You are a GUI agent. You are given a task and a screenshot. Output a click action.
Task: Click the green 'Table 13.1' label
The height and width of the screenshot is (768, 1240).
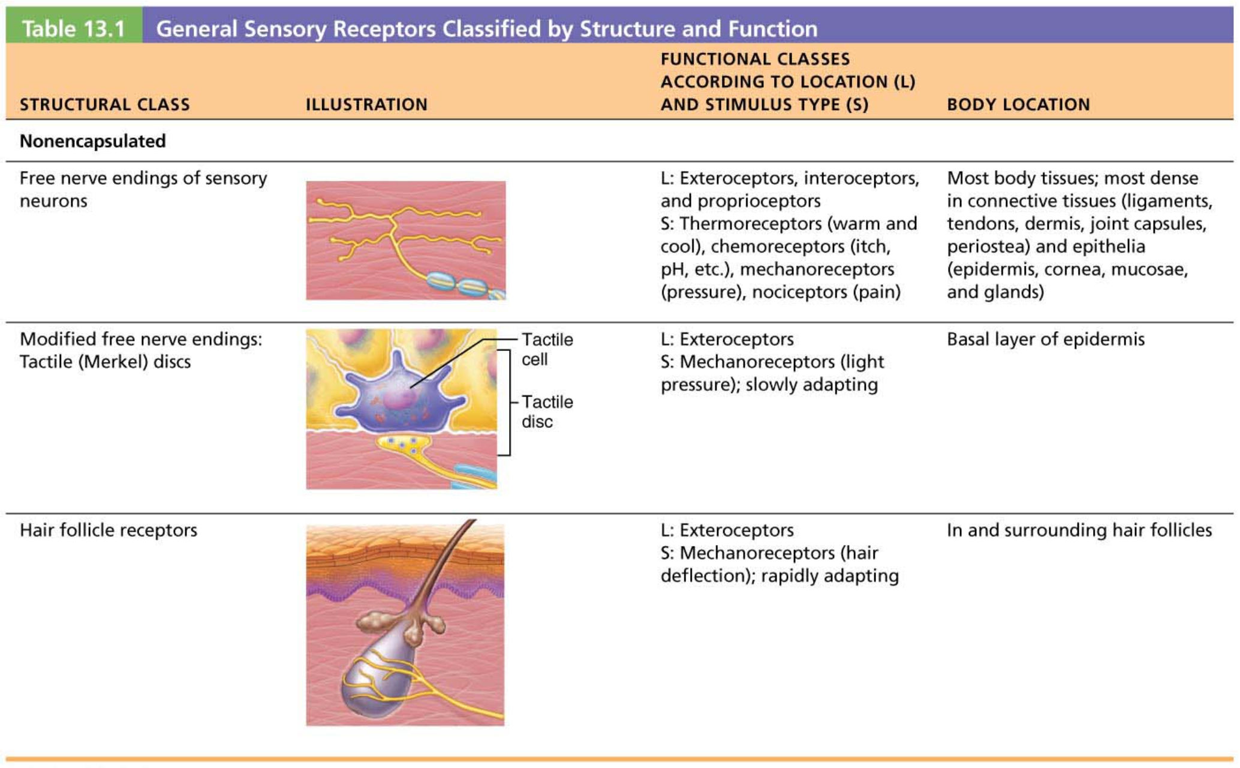pos(74,28)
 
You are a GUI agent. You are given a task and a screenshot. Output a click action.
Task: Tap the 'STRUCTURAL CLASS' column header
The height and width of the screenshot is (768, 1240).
pos(105,104)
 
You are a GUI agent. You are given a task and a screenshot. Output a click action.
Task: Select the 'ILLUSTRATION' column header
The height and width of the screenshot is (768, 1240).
pos(366,104)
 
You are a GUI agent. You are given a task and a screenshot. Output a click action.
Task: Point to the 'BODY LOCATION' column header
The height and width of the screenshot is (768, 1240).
pos(1018,104)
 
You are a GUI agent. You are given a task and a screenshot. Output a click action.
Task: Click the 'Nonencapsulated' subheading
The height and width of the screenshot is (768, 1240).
pos(92,141)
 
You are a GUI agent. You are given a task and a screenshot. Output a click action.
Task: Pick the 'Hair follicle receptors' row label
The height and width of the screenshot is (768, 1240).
pos(109,530)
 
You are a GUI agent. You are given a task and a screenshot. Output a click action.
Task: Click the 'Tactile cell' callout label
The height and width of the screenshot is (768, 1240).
pos(547,349)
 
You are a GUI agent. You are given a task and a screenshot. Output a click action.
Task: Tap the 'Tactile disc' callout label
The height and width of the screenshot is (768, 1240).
pos(547,412)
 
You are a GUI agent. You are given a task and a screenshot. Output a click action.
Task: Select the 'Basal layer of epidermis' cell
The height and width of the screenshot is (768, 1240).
pos(1045,340)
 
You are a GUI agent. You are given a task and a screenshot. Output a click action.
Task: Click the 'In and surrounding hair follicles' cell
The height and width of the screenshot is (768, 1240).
pos(1079,530)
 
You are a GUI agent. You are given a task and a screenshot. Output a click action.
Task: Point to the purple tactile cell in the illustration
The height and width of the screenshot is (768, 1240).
pos(399,394)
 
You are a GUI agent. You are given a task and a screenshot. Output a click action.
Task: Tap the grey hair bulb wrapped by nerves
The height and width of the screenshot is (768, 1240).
pos(384,675)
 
